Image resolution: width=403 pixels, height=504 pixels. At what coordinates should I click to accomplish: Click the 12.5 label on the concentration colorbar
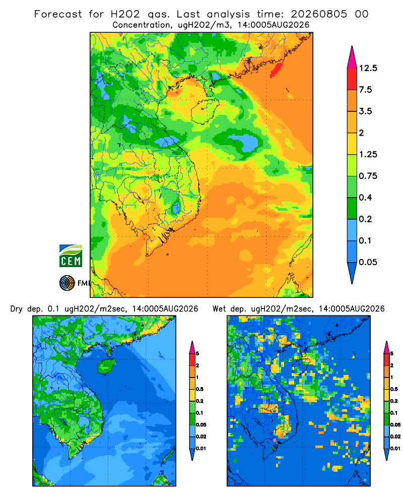pos(368,68)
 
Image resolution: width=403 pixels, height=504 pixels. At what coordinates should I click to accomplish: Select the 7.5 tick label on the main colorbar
pos(365,90)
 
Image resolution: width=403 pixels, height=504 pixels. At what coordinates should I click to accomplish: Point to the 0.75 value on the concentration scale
pos(368,176)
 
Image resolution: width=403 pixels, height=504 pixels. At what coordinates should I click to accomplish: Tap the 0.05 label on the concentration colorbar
pos(368,262)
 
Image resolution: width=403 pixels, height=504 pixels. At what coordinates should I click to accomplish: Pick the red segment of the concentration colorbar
pos(352,79)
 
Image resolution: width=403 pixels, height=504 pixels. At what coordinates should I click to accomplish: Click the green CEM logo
pos(71,256)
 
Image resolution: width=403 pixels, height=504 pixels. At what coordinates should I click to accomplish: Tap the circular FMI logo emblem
pos(67,283)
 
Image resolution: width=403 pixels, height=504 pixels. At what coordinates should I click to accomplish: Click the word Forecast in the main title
pos(58,14)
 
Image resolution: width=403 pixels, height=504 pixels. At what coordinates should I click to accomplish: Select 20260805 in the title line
pos(319,14)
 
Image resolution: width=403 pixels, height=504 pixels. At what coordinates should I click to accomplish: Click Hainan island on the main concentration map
pos(205,111)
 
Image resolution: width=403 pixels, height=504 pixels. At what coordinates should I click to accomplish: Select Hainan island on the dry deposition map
pos(106,366)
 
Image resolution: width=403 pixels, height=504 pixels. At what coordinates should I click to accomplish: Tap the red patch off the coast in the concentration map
pos(276,70)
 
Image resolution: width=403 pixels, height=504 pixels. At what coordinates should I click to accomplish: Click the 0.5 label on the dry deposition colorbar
pos(199,389)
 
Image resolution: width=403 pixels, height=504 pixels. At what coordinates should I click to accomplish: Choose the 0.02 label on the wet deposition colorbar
pos(395,436)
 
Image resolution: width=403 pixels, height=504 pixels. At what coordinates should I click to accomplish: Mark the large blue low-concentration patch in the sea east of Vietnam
pos(244,142)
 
